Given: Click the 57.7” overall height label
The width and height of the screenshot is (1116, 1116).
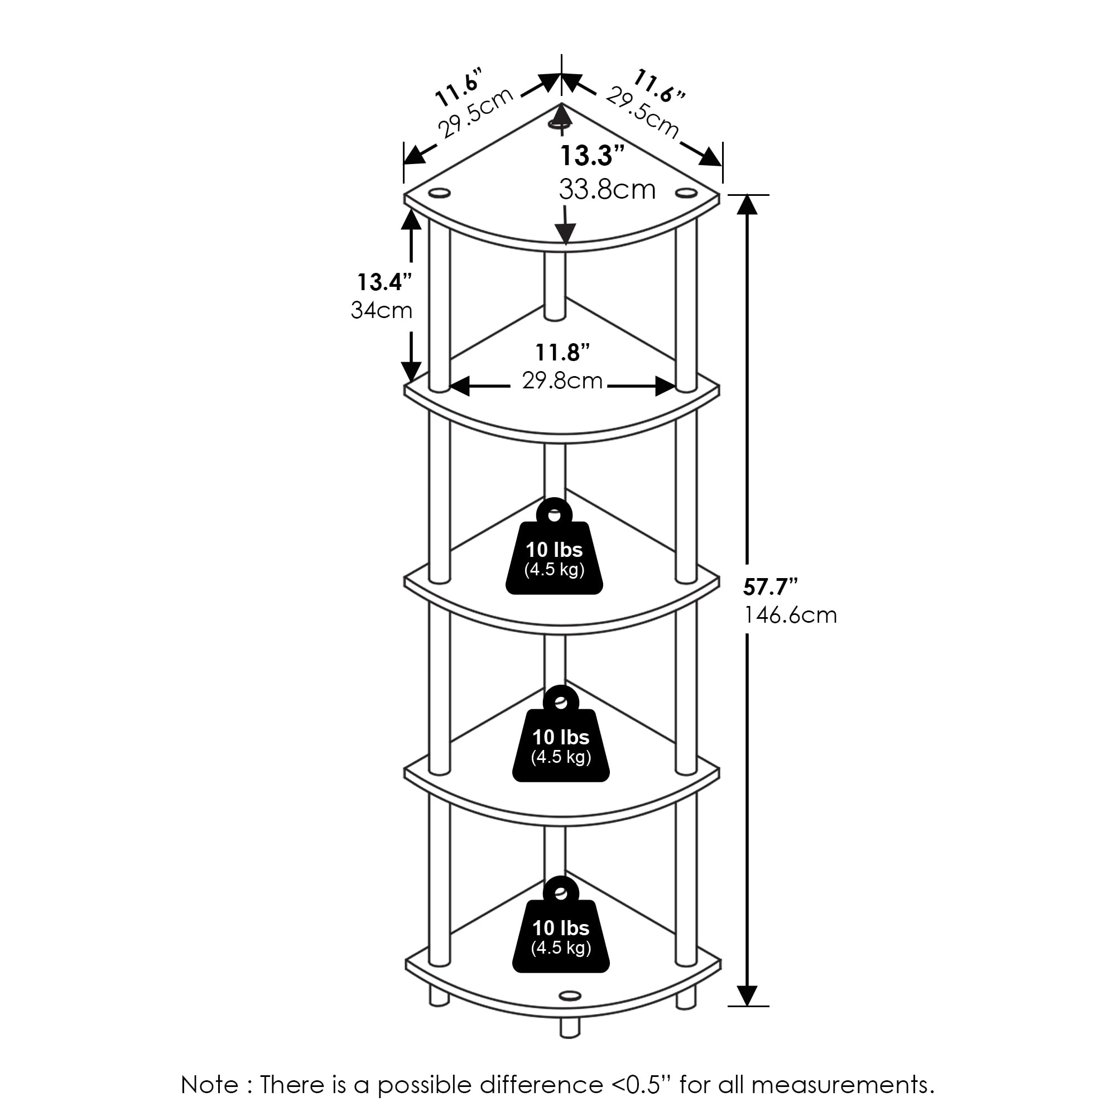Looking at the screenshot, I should tap(770, 587).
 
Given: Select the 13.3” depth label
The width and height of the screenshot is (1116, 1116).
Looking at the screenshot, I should tap(593, 156).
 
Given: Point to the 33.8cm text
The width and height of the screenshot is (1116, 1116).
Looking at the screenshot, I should tap(607, 190).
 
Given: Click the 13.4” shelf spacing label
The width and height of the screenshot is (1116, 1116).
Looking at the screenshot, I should tap(384, 282).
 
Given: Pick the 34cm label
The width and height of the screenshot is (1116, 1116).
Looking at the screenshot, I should tap(381, 311).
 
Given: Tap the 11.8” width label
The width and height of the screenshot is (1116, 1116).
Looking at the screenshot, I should tap(562, 352).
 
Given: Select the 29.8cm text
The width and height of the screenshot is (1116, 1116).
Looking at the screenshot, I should tap(562, 381).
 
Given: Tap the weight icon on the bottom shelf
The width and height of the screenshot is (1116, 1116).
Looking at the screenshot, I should tap(560, 925).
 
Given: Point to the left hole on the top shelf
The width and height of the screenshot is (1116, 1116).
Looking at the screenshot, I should tap(439, 193).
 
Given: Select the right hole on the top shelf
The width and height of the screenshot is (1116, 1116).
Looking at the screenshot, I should tap(686, 192).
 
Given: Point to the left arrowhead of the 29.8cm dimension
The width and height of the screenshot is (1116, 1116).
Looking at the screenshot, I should tap(460, 387).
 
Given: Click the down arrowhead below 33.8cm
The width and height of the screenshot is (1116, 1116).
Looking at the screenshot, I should tap(565, 234).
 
